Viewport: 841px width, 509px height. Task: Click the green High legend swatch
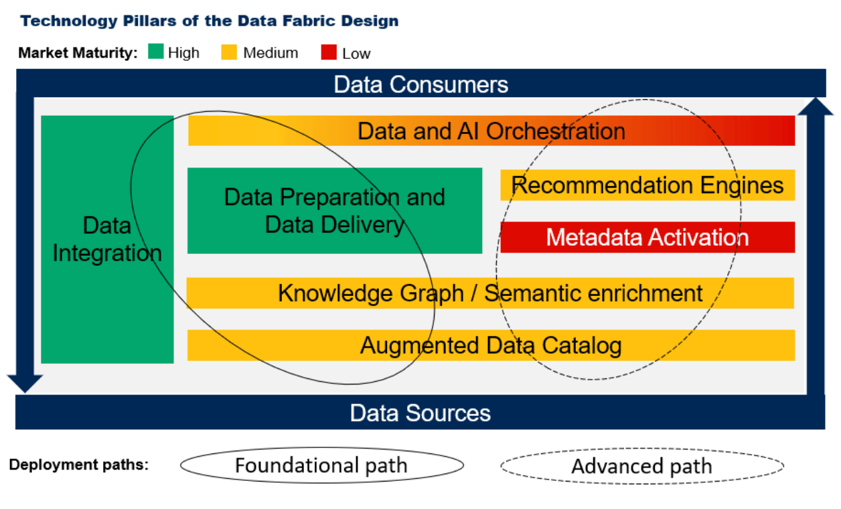[155, 52]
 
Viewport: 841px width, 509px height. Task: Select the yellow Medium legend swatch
[230, 52]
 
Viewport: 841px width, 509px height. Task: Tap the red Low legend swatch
[328, 52]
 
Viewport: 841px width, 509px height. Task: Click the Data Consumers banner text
[420, 84]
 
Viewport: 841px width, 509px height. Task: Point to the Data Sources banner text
[420, 413]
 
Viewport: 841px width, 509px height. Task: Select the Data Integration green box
[107, 239]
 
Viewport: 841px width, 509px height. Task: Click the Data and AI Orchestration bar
[491, 131]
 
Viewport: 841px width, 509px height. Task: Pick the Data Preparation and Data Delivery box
[334, 210]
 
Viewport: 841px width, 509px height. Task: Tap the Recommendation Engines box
[647, 185]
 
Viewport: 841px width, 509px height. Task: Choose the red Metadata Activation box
[647, 237]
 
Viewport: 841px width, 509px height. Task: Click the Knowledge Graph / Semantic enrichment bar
[490, 293]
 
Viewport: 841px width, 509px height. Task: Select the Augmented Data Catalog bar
[490, 346]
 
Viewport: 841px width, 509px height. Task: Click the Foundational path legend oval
[321, 465]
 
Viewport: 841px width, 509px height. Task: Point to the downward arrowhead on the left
[25, 383]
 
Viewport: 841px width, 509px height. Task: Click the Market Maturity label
[78, 53]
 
